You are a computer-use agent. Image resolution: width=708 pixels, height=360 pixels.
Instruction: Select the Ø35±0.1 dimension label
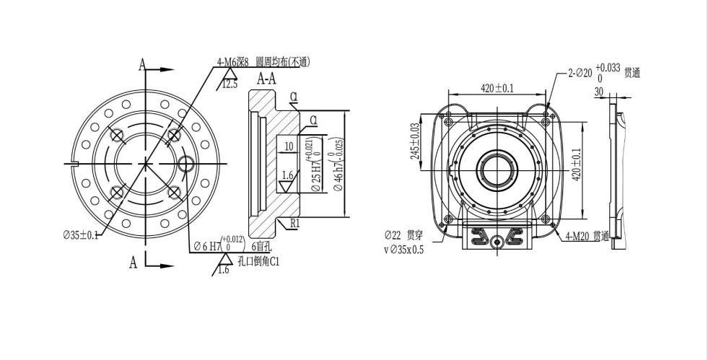tap(82, 234)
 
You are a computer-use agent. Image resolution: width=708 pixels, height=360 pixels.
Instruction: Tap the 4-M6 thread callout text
tap(264, 63)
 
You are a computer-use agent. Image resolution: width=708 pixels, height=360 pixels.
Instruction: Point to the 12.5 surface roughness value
tap(230, 84)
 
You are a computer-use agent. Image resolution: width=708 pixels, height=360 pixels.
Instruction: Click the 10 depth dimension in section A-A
tap(289, 146)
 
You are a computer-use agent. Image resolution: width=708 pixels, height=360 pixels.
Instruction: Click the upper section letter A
tap(142, 66)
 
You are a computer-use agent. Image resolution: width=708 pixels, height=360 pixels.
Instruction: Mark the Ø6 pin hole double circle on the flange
tap(185, 164)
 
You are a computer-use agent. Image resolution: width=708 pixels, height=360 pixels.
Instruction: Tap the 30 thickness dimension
tap(598, 92)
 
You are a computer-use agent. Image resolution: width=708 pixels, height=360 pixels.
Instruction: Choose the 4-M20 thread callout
tap(587, 236)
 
